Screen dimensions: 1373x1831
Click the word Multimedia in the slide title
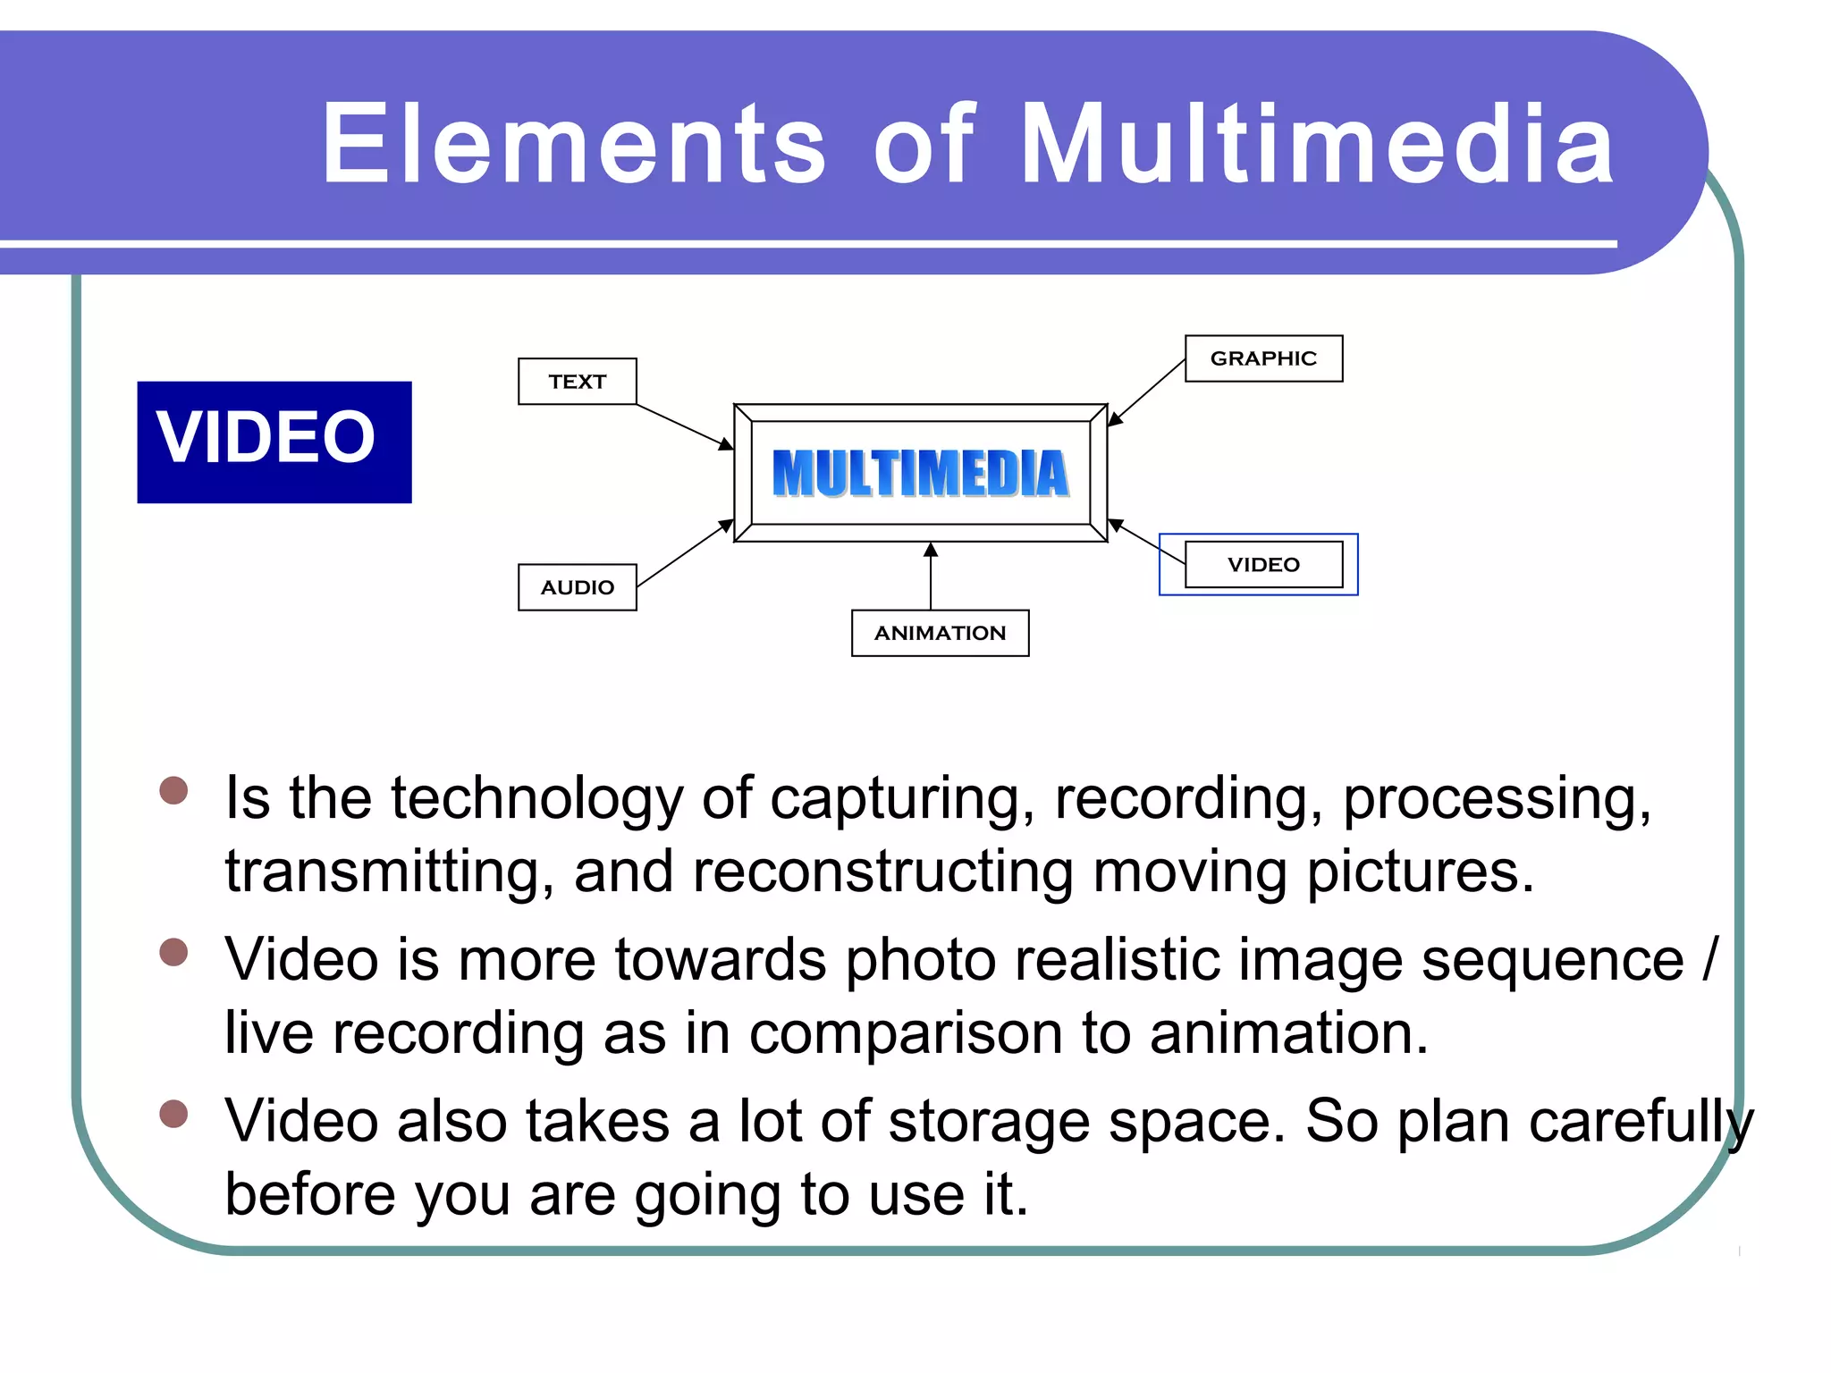tap(1316, 145)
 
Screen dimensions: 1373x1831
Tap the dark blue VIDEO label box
tap(274, 442)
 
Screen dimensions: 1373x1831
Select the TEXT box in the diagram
tap(577, 382)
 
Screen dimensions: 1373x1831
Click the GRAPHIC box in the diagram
tap(1262, 358)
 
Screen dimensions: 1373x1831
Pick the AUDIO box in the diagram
tap(577, 587)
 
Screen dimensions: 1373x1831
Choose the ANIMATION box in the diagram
tap(940, 633)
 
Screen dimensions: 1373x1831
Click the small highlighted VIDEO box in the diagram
tap(1262, 564)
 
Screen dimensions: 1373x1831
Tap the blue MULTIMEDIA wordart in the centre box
tap(920, 473)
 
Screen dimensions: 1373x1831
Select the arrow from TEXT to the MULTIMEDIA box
tap(685, 426)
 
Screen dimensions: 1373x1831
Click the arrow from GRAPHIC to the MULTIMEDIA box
tap(1147, 392)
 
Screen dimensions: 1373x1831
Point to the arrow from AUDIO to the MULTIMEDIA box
tap(685, 553)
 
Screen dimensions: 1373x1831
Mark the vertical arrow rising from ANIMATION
tap(931, 577)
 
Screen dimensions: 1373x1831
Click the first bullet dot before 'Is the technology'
tap(173, 790)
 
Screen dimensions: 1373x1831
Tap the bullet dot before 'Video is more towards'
tap(173, 952)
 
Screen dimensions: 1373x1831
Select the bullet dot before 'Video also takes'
tap(173, 1114)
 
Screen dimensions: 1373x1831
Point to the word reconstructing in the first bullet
tap(882, 872)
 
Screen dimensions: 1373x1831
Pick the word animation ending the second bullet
tap(1287, 1033)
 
